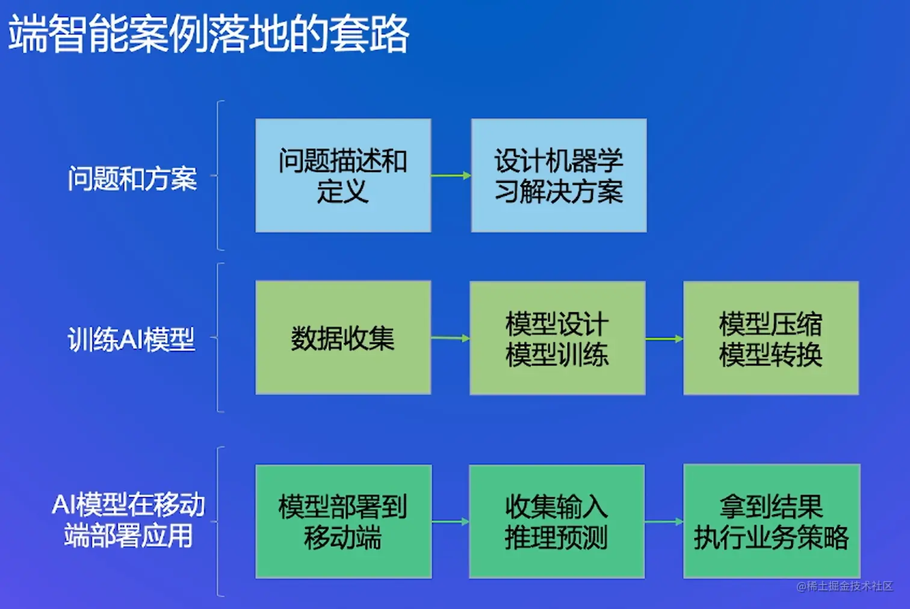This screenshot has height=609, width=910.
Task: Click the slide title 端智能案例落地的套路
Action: pyautogui.click(x=208, y=34)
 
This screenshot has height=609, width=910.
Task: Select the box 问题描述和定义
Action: pyautogui.click(x=343, y=176)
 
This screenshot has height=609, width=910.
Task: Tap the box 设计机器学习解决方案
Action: pyautogui.click(x=559, y=176)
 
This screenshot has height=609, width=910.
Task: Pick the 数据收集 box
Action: pyautogui.click(x=343, y=338)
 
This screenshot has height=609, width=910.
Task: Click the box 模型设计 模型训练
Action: pyautogui.click(x=557, y=338)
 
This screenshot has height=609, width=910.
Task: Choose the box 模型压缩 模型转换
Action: pyautogui.click(x=771, y=338)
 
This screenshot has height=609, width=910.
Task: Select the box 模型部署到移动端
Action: pyautogui.click(x=344, y=522)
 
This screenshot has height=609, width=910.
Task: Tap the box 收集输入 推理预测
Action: pyautogui.click(x=557, y=522)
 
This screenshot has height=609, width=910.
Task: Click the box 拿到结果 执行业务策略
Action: pyautogui.click(x=772, y=521)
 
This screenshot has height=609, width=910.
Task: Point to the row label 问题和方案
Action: pyautogui.click(x=132, y=178)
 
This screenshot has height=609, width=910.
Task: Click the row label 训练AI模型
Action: pyautogui.click(x=131, y=339)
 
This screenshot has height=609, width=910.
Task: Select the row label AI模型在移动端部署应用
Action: pyautogui.click(x=128, y=521)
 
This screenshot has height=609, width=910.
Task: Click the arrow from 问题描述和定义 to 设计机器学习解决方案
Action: pyautogui.click(x=451, y=176)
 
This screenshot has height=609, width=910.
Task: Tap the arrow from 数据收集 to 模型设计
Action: pyautogui.click(x=450, y=338)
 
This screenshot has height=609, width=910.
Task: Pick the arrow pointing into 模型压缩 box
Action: pyautogui.click(x=664, y=338)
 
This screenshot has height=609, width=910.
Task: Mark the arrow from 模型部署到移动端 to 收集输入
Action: pyautogui.click(x=451, y=522)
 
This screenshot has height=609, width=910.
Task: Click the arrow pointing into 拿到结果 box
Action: pyautogui.click(x=664, y=522)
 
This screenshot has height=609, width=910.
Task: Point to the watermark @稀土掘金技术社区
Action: pyautogui.click(x=844, y=586)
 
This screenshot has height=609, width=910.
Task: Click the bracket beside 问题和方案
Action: pyautogui.click(x=218, y=176)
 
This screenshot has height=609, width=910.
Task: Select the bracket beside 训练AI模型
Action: pyautogui.click(x=218, y=338)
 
